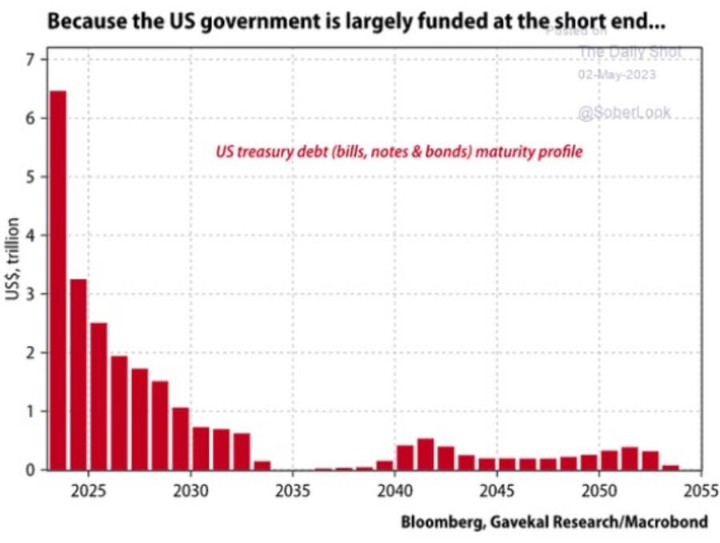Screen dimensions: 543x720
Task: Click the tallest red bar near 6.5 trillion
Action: point(58,280)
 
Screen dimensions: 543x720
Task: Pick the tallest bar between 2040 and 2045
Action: point(425,454)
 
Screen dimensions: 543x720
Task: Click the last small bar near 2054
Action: point(670,467)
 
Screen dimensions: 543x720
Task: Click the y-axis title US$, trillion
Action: point(14,264)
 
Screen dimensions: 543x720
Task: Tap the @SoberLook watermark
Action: point(624,113)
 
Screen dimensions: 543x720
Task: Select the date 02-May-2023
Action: point(616,74)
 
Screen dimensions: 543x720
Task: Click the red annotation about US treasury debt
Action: point(399,151)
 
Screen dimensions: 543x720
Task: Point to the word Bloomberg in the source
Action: point(438,522)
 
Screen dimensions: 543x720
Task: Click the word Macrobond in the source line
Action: point(670,522)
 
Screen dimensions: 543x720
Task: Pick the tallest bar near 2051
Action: point(630,458)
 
